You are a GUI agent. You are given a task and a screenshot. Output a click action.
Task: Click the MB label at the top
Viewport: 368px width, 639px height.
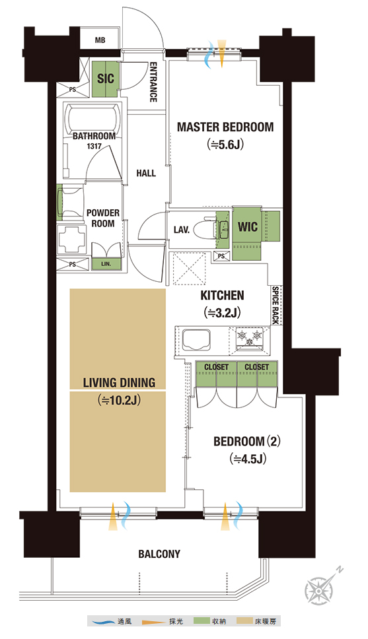(100, 40)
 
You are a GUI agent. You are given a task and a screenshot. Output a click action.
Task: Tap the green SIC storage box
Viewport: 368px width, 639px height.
(105, 79)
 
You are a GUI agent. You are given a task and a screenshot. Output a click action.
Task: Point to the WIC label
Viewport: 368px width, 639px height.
(248, 226)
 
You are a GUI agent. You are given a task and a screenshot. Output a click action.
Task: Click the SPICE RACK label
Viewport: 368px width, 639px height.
(276, 305)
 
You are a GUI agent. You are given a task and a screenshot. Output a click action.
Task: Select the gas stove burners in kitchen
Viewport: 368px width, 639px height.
(250, 338)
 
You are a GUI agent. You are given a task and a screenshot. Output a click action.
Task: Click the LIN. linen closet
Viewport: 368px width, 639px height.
(106, 264)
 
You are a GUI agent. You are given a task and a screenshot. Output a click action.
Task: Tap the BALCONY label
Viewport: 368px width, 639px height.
(159, 555)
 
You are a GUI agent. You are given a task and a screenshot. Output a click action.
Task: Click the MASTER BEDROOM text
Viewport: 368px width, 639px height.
(225, 127)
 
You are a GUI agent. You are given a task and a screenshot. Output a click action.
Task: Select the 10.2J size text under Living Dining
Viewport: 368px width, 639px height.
(119, 401)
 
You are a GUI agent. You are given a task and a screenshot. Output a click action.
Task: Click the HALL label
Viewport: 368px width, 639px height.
(146, 173)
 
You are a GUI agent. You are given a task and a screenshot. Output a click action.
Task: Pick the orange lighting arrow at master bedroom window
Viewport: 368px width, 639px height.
(221, 53)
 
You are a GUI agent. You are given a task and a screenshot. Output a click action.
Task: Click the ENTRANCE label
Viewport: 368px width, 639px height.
(153, 82)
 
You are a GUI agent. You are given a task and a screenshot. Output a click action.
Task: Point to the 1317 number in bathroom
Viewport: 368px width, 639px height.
(94, 146)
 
